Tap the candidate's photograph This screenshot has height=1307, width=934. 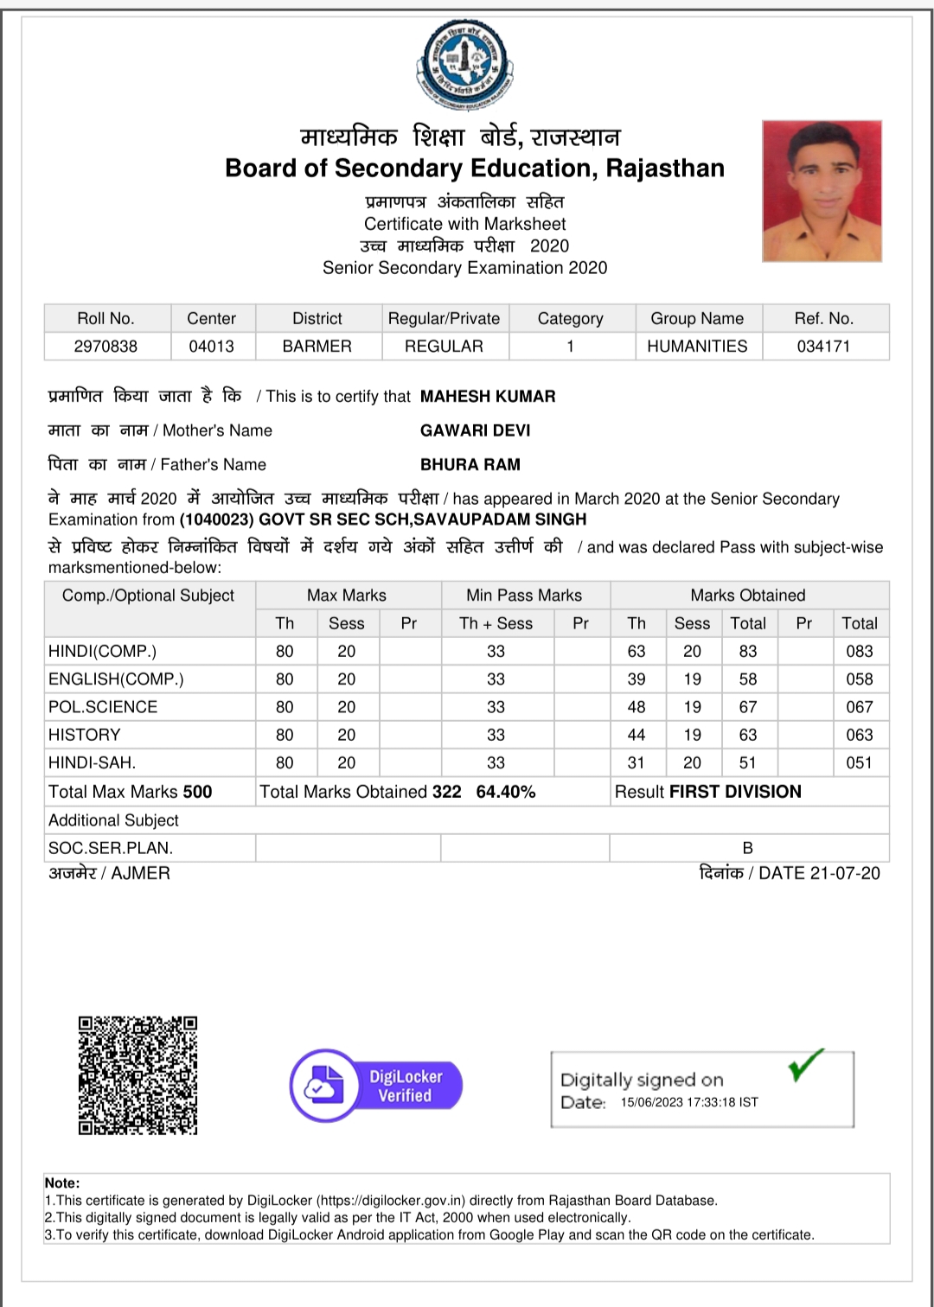coord(822,191)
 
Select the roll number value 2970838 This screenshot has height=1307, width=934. coord(106,346)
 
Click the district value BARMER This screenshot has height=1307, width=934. coord(317,346)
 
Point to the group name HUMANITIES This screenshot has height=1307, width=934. coord(697,346)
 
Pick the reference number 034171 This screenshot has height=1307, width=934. coord(823,346)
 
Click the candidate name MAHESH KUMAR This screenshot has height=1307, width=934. coord(488,396)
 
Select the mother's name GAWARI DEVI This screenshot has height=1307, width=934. coord(475,430)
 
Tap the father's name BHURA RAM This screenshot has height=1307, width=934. coord(470,464)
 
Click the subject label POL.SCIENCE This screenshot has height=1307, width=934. coord(103,707)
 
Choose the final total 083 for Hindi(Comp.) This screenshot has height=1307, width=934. coord(859,651)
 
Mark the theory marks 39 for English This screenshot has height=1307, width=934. coord(637,679)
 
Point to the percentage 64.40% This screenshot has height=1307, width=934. coord(506,792)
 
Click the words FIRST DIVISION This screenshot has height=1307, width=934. coord(735,792)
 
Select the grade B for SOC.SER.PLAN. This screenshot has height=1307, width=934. coord(748,848)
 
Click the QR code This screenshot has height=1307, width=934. coord(138,1075)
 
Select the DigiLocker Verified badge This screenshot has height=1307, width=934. coord(376,1086)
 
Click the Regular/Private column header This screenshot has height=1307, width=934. coord(444,318)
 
